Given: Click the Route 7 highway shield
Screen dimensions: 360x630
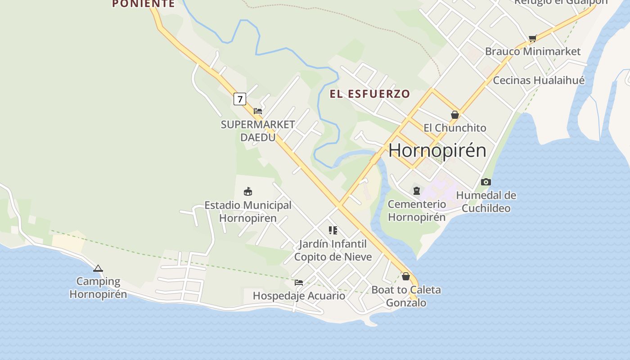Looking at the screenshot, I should point(240,99).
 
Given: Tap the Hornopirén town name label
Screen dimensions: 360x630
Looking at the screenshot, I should point(437,150).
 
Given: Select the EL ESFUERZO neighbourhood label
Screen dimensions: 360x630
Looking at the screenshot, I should point(370,94).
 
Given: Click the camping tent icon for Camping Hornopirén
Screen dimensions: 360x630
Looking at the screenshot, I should point(98,269).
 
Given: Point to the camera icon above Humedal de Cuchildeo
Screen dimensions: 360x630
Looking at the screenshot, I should point(486,182).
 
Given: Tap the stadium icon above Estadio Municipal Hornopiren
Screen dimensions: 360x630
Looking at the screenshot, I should point(247,192).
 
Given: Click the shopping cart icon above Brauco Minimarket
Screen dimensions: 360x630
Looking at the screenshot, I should point(533,39).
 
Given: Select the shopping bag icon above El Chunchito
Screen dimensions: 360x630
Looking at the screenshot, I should point(455,115).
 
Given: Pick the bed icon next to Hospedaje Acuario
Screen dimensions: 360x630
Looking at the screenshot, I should point(299,283).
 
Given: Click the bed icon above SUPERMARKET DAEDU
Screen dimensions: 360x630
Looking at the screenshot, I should point(258,111).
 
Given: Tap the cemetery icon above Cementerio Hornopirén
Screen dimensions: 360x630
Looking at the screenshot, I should point(417,191).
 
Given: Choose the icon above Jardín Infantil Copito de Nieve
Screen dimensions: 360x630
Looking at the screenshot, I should point(333,230).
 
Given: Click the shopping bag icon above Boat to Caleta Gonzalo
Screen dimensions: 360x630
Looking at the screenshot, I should point(406,276).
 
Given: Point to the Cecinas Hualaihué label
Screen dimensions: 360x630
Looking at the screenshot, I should point(539,81).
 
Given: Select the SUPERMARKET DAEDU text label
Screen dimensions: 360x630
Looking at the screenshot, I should point(258,130).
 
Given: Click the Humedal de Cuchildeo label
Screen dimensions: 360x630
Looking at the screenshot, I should point(486,202).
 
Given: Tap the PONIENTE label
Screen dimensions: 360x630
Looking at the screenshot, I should point(143,4).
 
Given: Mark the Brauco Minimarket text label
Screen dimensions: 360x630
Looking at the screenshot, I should point(533,51).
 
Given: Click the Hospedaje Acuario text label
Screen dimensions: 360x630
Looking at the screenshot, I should point(299,296).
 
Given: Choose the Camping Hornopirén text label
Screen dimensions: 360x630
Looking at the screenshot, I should point(98,288).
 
